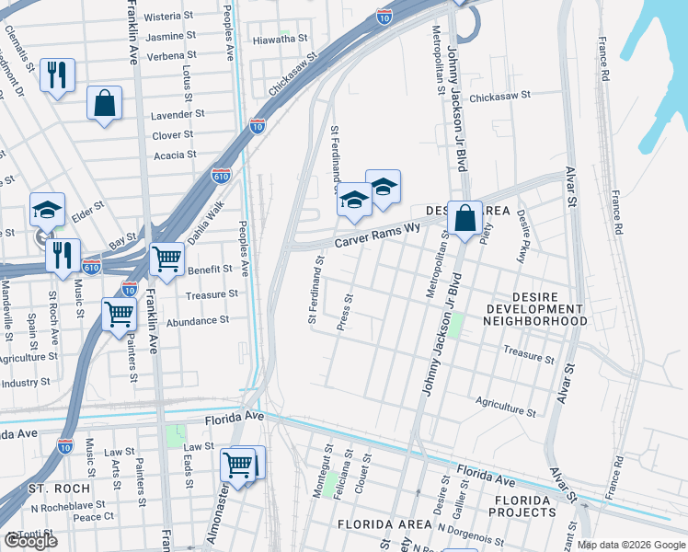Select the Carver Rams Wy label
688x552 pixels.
376,234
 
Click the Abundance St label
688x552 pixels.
197,320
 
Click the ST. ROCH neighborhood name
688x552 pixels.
58,488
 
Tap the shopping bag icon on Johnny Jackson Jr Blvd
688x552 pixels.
464,219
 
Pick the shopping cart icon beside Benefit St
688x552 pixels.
166,259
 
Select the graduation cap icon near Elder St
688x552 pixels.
47,210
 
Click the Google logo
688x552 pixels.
29,541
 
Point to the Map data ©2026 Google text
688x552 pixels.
630,545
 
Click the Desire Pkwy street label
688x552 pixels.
522,237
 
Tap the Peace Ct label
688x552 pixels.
92,517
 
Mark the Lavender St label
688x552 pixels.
178,114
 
